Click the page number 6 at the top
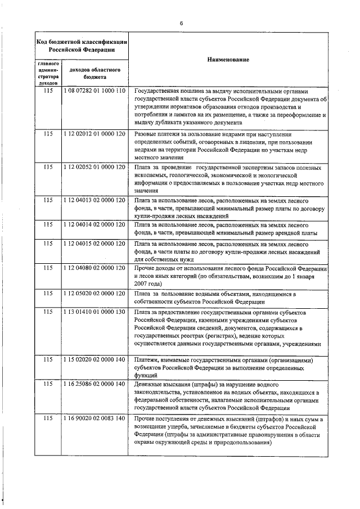point(181,23)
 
